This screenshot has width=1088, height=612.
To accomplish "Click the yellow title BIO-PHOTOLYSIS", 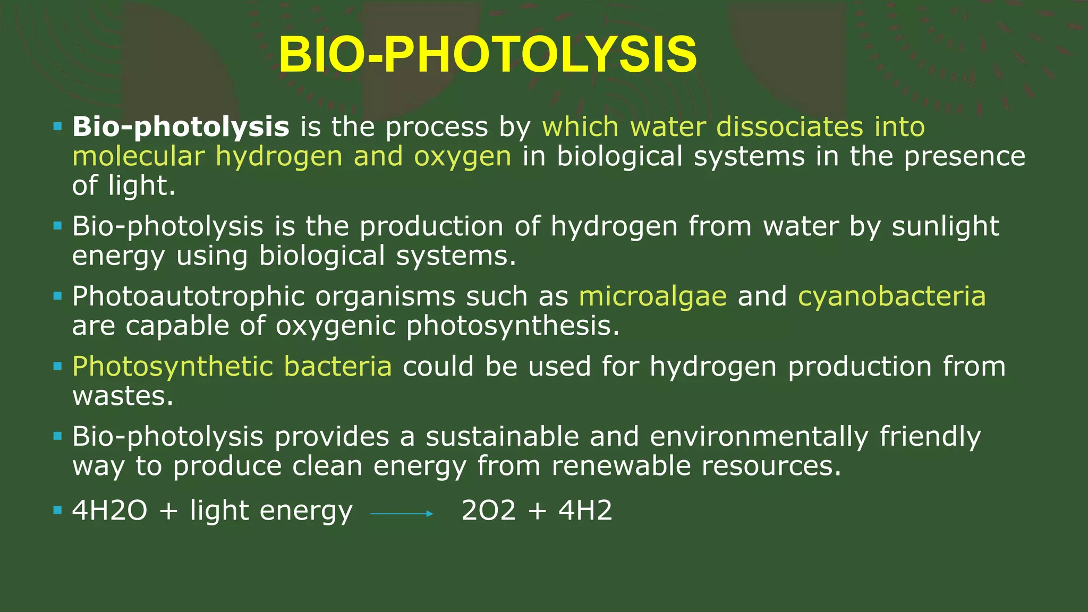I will (x=488, y=55).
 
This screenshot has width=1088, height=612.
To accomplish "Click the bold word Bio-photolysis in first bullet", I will (x=181, y=127).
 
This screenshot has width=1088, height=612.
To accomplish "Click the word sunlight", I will (x=945, y=227).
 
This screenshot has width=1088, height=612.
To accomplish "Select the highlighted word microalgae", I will (x=652, y=296).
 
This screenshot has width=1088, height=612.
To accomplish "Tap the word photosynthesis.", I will (x=513, y=327).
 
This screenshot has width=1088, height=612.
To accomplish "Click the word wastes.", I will (x=123, y=396).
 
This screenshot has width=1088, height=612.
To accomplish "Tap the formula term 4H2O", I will (x=109, y=511).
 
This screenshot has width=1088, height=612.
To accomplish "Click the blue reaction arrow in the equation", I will (x=402, y=514).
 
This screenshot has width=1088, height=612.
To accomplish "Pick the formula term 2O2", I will (x=488, y=511).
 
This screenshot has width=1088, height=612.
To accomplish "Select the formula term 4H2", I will (x=585, y=511).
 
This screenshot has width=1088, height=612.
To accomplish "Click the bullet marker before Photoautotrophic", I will (x=58, y=296).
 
